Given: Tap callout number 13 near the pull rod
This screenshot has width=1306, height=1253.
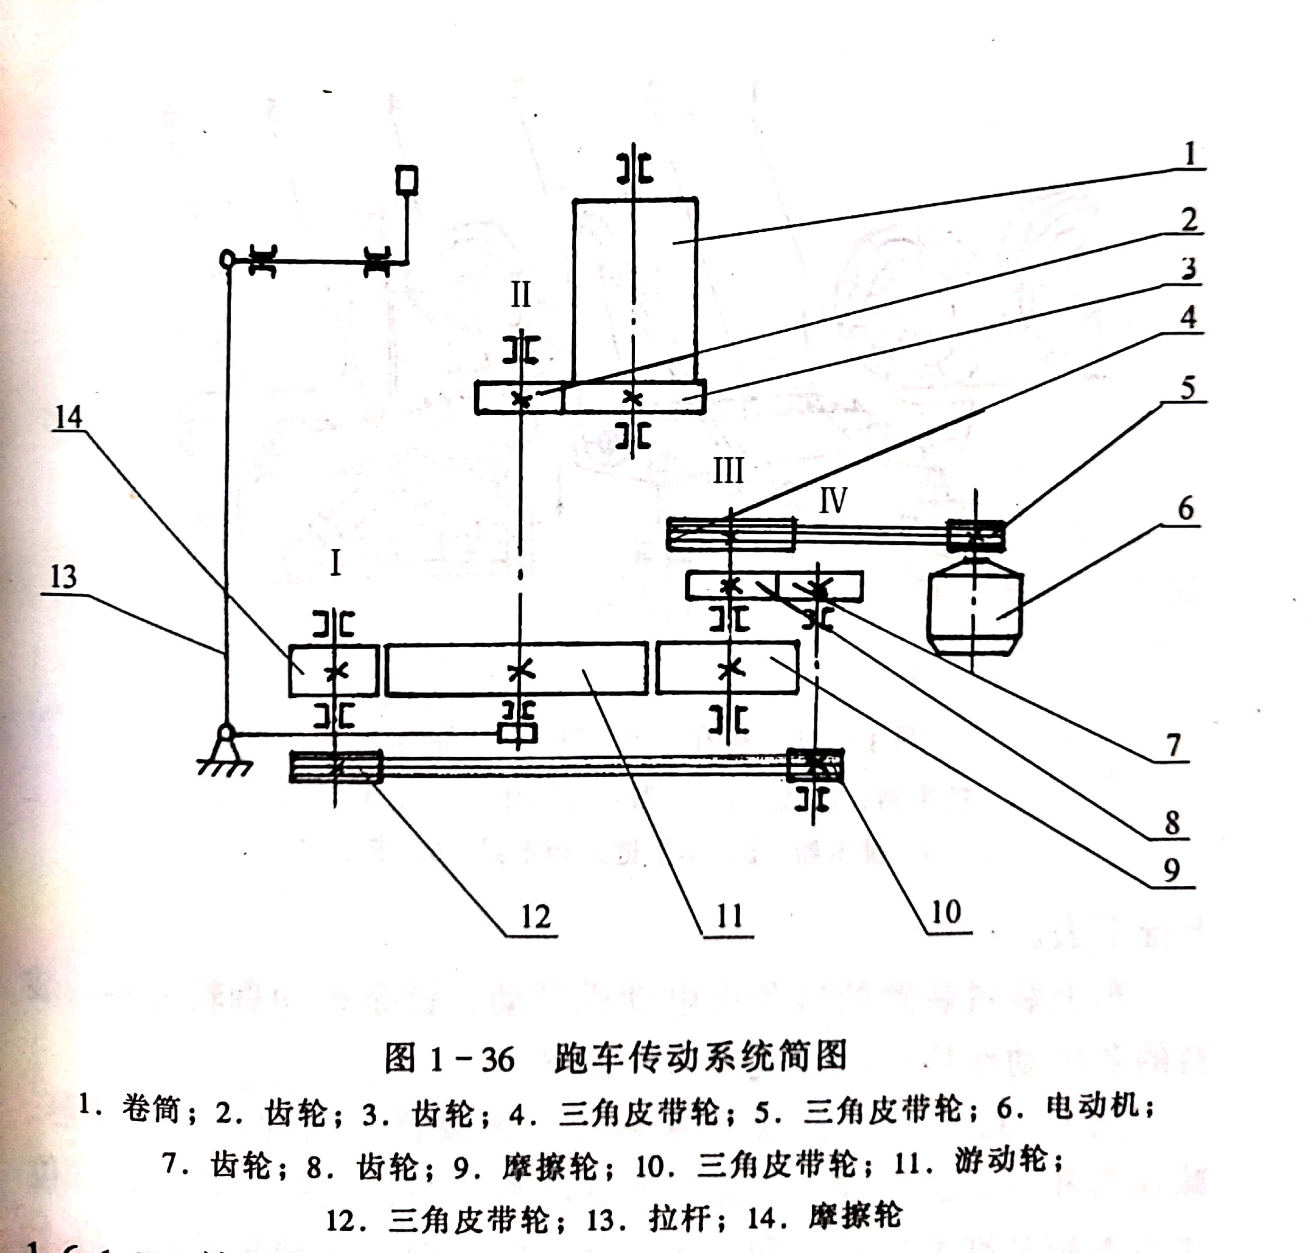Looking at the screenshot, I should click(64, 576).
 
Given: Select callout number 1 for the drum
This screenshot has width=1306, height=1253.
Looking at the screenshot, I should click(1190, 155).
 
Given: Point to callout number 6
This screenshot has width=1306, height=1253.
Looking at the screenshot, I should click(1185, 509).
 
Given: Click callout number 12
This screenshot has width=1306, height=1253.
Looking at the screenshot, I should click(535, 916).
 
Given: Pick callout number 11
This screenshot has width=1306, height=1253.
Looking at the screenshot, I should click(729, 916).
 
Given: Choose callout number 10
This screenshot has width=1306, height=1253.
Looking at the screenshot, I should click(946, 912).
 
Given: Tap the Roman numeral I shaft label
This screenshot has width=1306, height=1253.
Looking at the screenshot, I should click(335, 564).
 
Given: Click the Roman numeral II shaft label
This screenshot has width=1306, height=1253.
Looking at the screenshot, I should click(520, 294).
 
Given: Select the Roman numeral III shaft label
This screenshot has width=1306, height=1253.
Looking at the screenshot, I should click(728, 471).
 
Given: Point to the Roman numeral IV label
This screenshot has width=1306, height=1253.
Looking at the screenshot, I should click(832, 500).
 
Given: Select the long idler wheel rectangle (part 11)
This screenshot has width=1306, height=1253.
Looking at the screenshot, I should click(516, 669).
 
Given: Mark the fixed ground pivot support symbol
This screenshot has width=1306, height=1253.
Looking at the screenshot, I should click(226, 753).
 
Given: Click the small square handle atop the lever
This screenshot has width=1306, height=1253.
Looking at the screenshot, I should click(406, 180).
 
